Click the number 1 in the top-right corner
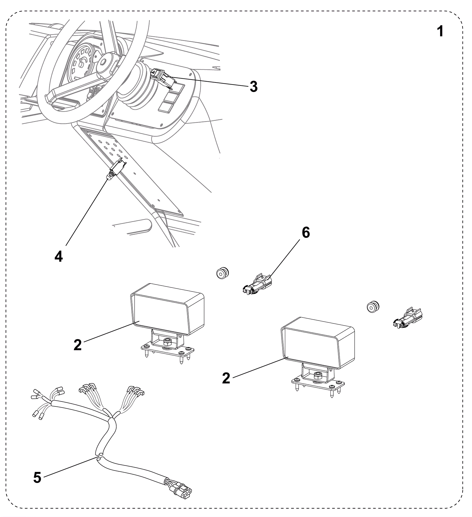pos(440,31)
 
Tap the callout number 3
pos(253,87)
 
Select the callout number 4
pos(59,256)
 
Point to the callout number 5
pos(37,478)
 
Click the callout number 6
pos(306,233)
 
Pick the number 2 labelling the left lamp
pos(78,345)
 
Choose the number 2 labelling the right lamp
pos(226,378)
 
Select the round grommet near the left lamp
pos(222,273)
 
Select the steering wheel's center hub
pos(105,61)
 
